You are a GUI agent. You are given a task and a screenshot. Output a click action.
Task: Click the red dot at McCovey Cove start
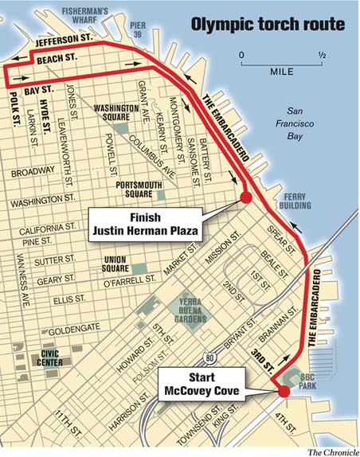pos(283,390)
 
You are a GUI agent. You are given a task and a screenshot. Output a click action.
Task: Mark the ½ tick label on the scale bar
pos(323,56)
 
